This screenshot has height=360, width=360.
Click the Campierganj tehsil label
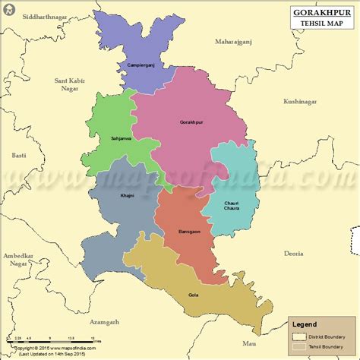point(141,65)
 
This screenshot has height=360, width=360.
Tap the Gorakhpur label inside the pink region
point(191,122)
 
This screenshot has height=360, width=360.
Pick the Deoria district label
point(293,253)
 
